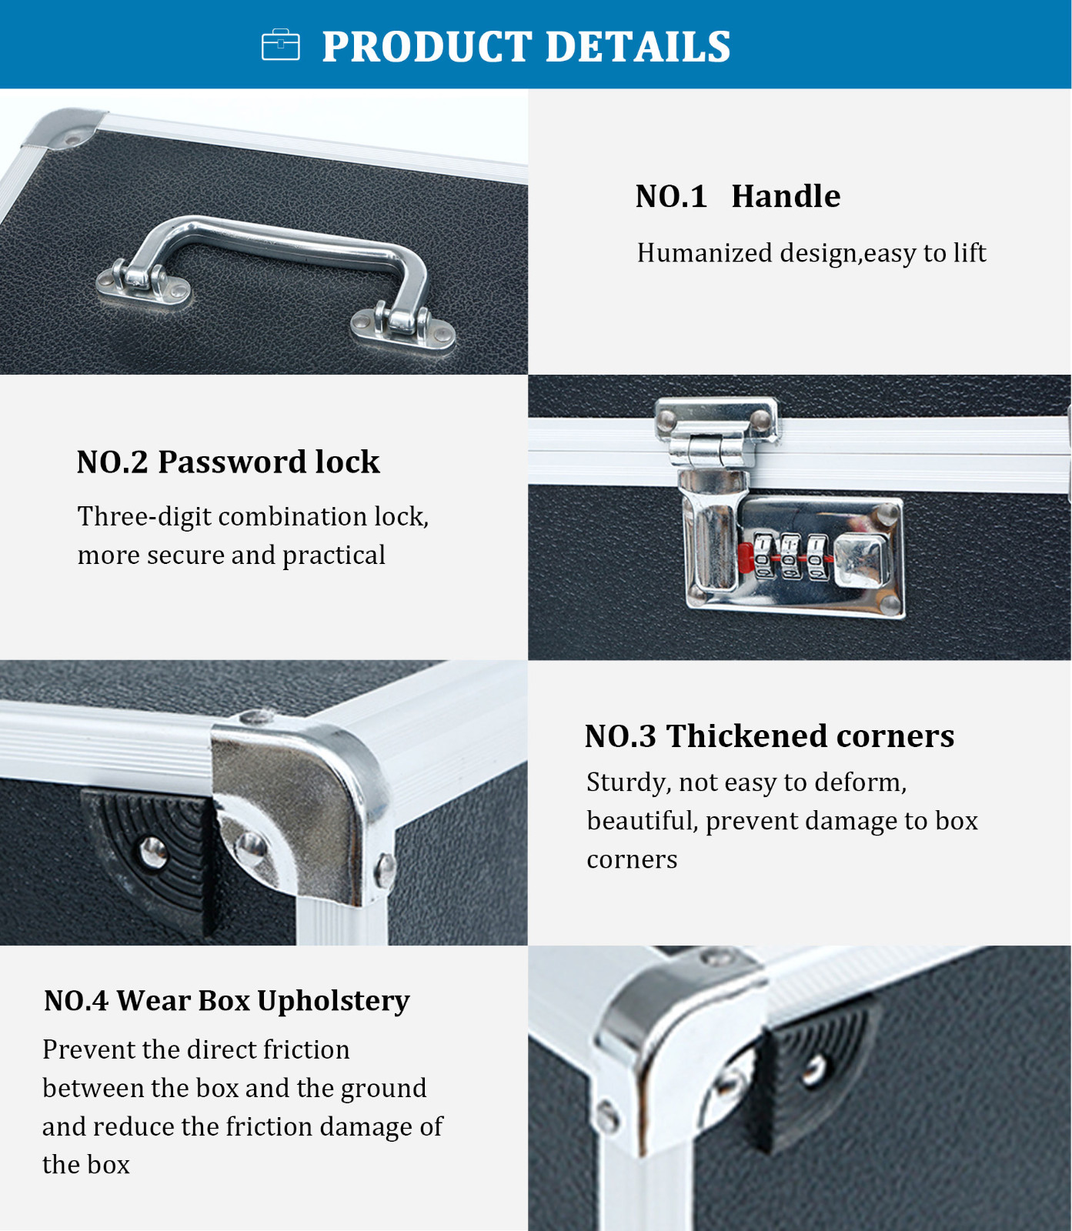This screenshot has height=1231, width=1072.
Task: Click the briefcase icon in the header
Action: (281, 45)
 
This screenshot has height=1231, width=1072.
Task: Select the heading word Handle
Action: (786, 196)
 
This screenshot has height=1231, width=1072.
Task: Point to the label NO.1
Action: (671, 197)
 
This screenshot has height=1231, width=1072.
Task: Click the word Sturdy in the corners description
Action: (628, 783)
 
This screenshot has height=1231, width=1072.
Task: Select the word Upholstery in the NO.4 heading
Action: (333, 1002)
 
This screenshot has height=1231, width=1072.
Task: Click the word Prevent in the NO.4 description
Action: (88, 1050)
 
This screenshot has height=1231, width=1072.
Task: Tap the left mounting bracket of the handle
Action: (142, 282)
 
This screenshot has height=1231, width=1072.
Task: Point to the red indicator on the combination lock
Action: (746, 556)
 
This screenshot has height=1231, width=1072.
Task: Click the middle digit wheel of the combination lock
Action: (790, 555)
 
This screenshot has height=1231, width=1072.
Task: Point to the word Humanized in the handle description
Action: (704, 253)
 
